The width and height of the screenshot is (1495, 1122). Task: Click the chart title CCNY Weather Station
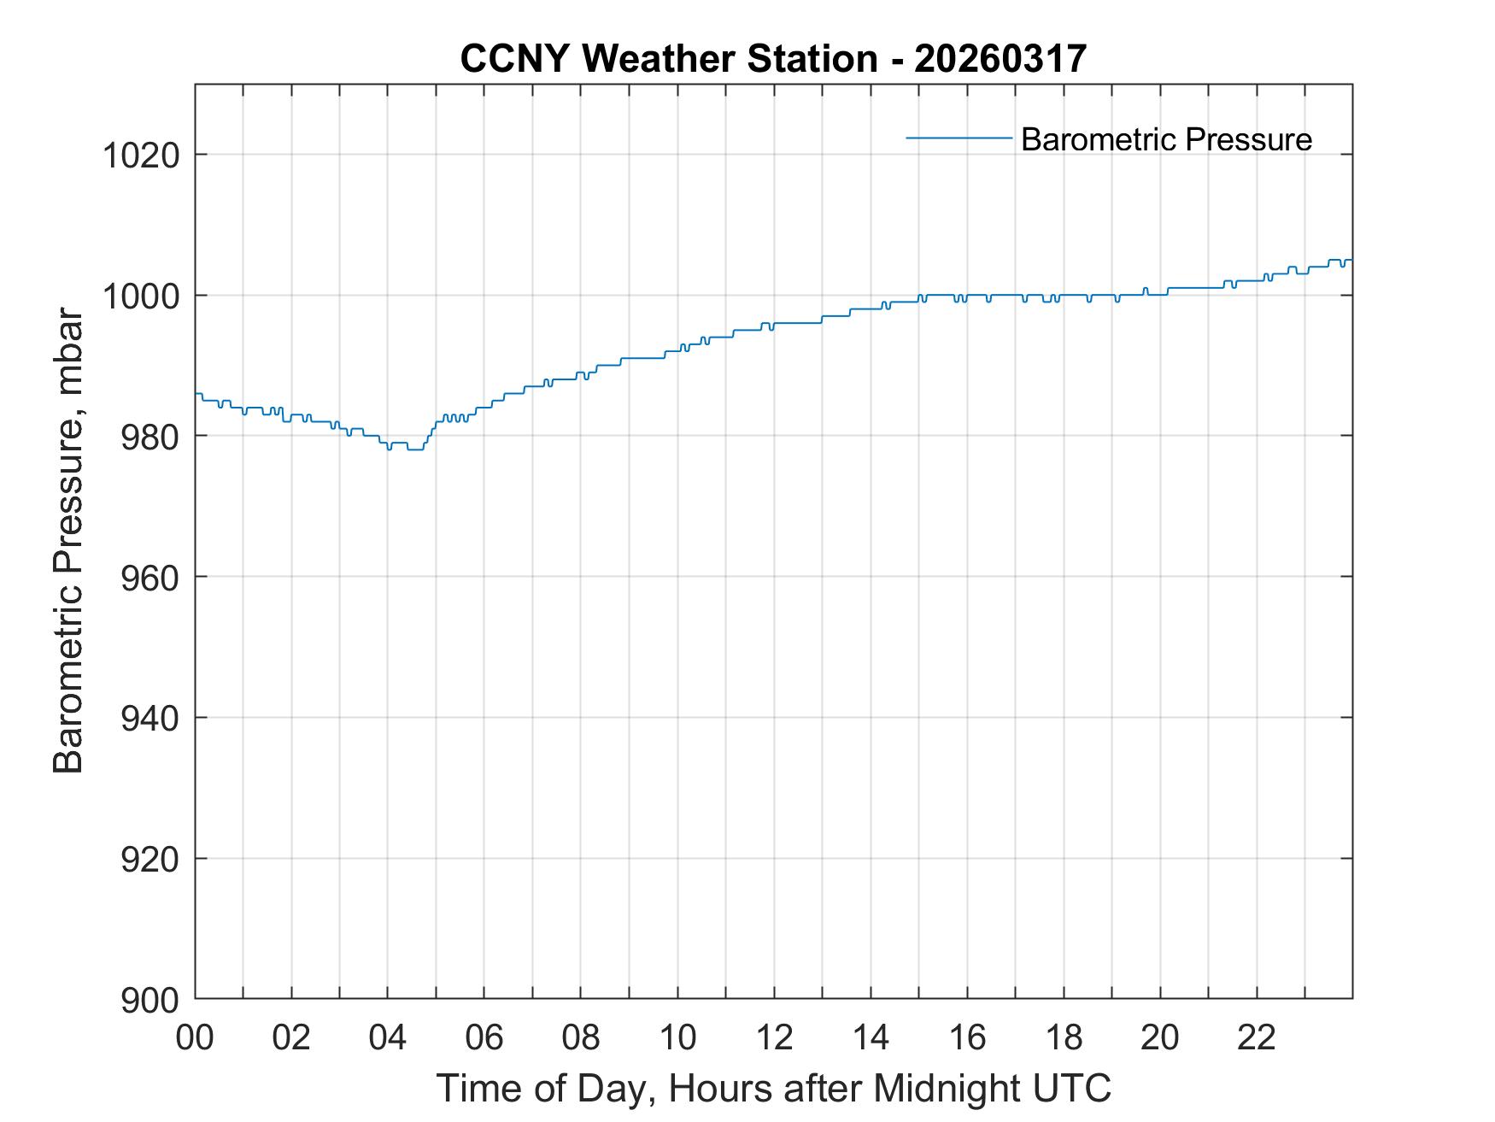pos(668,59)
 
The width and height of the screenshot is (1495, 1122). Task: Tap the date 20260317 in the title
pos(1000,59)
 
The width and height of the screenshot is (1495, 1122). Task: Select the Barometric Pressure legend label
pos(1166,139)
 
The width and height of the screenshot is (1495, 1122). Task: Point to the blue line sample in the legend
pos(959,138)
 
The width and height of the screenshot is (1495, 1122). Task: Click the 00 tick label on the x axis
pos(196,1037)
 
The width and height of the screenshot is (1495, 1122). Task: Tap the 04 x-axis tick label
pos(388,1037)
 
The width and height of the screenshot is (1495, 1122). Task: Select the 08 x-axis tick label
pos(581,1037)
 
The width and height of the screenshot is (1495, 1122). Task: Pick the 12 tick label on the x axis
pos(774,1037)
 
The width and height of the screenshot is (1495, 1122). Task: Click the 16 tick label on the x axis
pos(967,1037)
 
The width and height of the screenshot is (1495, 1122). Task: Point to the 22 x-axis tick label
pos(1257,1037)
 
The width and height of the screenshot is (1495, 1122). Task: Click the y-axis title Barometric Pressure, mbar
pos(68,542)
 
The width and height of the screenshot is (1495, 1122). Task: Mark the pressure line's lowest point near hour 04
pos(415,449)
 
